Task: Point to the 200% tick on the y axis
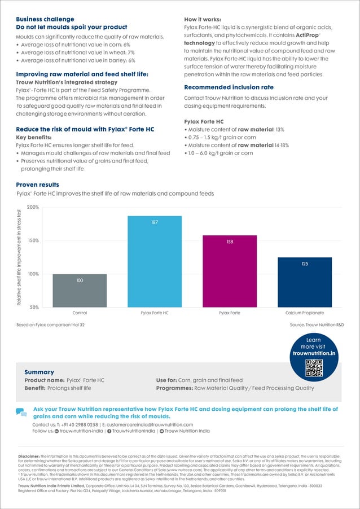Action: coord(33,208)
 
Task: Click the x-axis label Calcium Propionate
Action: coord(305,313)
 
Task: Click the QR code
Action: coord(313,367)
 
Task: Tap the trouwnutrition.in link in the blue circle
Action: coord(314,353)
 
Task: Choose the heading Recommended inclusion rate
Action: coord(229,87)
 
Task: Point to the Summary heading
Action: coord(39,372)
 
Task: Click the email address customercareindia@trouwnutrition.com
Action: coord(150,424)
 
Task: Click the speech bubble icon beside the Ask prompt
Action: coord(21,413)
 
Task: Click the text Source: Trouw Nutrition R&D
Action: coord(317,325)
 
